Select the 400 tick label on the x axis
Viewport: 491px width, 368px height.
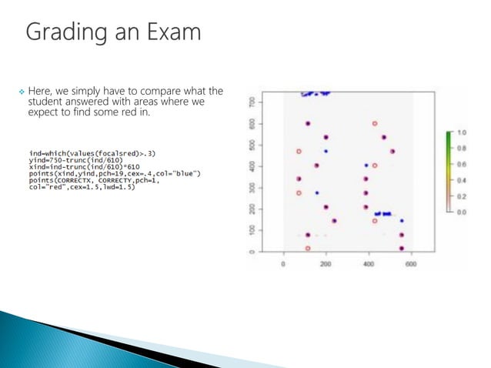pyautogui.click(x=368, y=264)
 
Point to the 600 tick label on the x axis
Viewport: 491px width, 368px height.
pyautogui.click(x=410, y=264)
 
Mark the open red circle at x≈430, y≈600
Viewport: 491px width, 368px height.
pyautogui.click(x=375, y=123)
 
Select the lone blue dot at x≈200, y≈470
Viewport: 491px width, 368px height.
pyautogui.click(x=326, y=151)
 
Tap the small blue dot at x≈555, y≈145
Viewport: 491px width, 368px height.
pyautogui.click(x=402, y=221)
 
